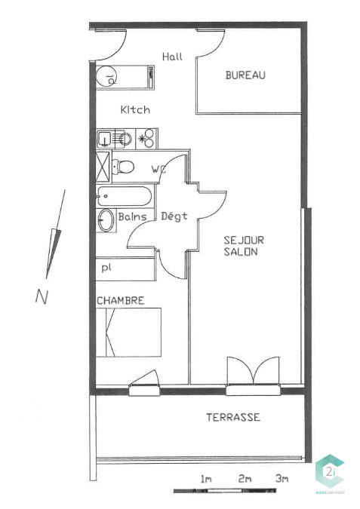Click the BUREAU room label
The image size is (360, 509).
pos(245,75)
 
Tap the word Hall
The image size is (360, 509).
pos(173,57)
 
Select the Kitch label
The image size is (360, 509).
pos(135,110)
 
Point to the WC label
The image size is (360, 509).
pos(158,169)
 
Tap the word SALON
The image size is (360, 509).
pos(241,252)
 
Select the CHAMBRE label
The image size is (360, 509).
pos(121,300)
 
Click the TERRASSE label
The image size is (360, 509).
pos(233,417)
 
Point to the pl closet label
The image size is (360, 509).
pos(105,268)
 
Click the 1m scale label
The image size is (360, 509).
pos(206,479)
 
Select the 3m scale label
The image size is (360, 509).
pos(282,479)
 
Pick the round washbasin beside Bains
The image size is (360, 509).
pos(106,219)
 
